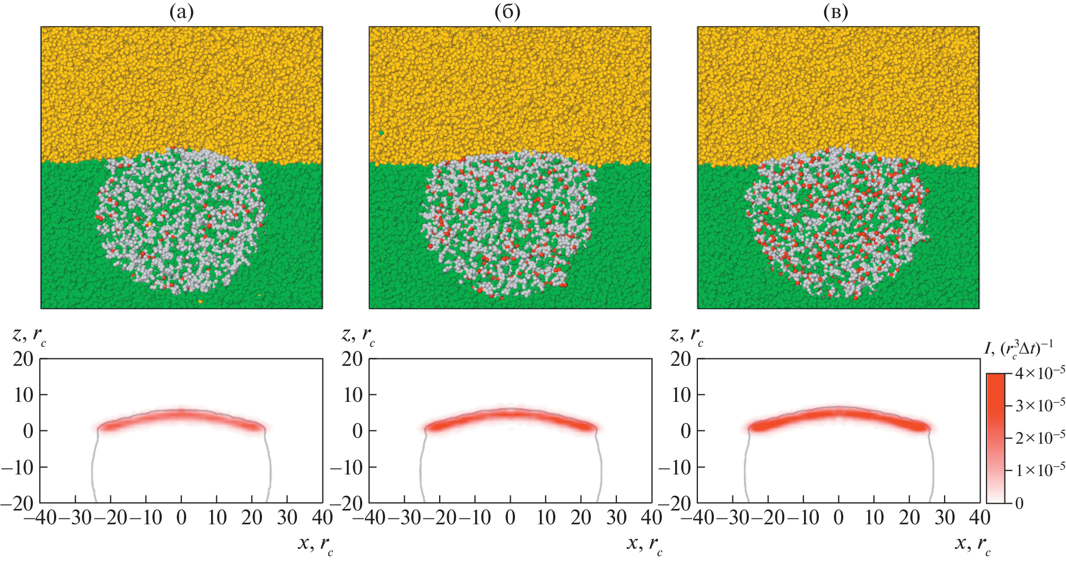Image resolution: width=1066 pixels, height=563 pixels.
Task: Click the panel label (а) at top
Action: [x=181, y=12]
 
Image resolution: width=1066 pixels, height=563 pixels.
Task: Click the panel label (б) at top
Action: [x=508, y=12]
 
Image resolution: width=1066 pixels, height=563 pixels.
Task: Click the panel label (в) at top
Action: [x=835, y=12]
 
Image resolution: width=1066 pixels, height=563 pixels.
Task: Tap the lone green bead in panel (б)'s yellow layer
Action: [x=381, y=133]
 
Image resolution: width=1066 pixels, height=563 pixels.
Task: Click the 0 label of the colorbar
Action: [x=1019, y=503]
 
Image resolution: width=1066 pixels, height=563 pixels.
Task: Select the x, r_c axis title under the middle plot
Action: [x=644, y=544]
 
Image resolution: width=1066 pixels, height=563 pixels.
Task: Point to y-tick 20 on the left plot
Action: [x=23, y=359]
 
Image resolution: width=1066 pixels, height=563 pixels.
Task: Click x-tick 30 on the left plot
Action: [x=287, y=517]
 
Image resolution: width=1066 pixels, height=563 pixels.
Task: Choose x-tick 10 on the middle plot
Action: [x=546, y=517]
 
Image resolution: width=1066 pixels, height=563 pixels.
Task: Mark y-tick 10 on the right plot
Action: [x=681, y=395]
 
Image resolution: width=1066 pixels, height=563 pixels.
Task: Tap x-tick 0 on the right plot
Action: [x=838, y=517]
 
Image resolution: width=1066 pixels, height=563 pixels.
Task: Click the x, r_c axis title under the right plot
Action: [x=973, y=544]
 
